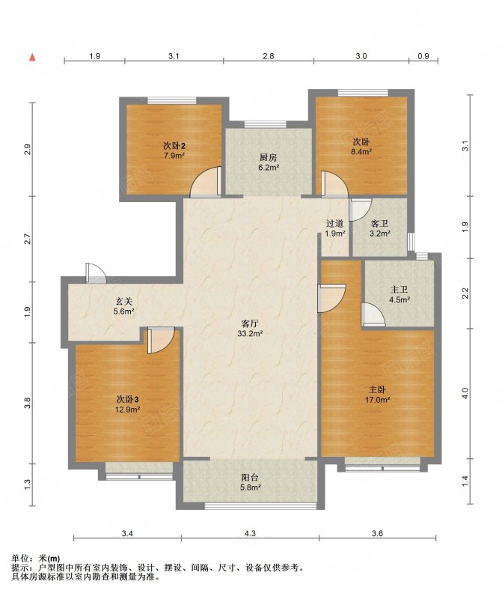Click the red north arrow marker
(32, 57)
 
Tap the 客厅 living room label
(250, 323)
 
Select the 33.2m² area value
(250, 333)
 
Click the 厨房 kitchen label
(269, 157)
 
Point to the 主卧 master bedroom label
(377, 389)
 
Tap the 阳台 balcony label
(250, 478)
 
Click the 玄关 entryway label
(124, 302)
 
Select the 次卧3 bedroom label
(127, 400)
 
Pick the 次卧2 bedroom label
(174, 145)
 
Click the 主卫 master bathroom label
(400, 290)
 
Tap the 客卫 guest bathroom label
(379, 223)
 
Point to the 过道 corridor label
(335, 223)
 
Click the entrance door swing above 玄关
(96, 273)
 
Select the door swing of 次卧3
(161, 341)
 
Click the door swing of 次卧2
(206, 182)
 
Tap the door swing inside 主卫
(373, 314)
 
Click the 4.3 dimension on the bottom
(250, 534)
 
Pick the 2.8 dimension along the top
(269, 56)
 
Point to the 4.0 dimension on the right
(465, 393)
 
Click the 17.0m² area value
(377, 400)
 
